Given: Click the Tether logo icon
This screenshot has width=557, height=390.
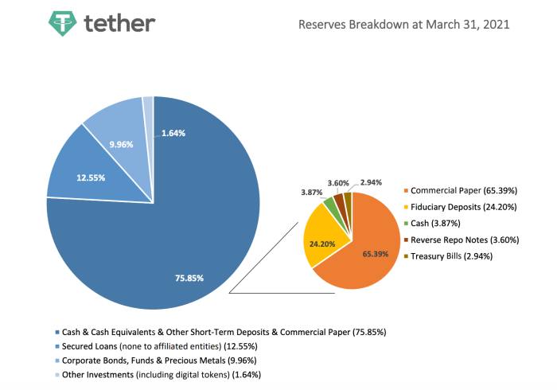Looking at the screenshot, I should (x=61, y=24).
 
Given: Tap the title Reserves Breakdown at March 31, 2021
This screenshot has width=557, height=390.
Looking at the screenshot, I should (x=403, y=24).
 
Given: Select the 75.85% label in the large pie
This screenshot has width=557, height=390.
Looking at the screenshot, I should (x=189, y=278).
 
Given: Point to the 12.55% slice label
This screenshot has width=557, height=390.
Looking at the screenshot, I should (x=92, y=177).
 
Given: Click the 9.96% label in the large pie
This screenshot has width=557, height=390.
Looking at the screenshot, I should (x=121, y=146).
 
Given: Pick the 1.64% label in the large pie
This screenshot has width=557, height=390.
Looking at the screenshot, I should (x=173, y=133).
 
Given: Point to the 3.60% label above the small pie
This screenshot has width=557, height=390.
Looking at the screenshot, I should (x=338, y=182).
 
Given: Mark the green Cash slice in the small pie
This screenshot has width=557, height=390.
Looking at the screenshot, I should (x=329, y=203).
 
